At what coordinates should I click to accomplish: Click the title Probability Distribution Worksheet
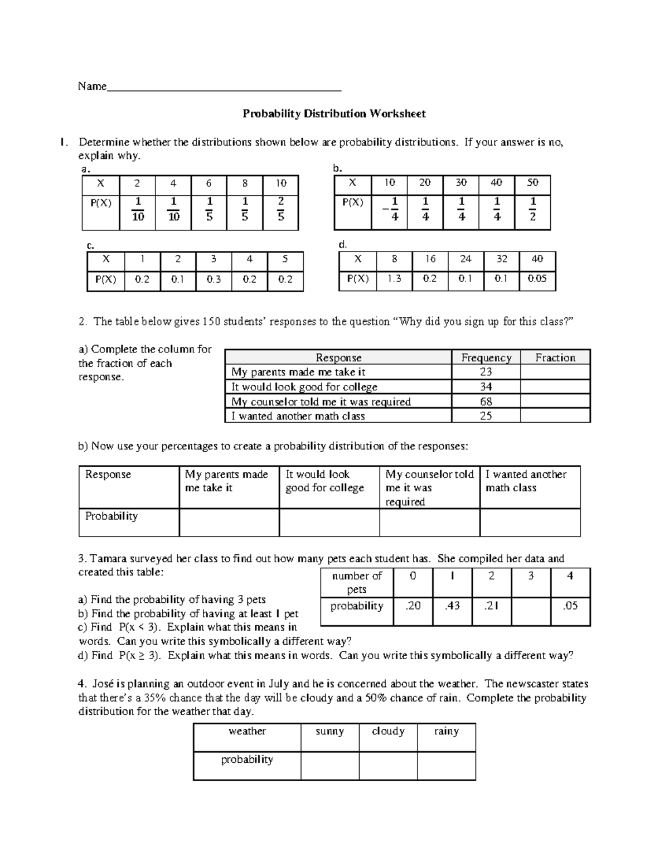coord(334,114)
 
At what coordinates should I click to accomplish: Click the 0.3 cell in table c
coord(214,280)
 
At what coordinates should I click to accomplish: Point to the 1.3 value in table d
coord(394,279)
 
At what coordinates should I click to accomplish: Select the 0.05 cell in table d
coord(537,279)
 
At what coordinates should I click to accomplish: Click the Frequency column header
coord(486,358)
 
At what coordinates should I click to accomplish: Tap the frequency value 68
coord(486,401)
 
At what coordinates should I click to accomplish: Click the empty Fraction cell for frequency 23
coord(555,372)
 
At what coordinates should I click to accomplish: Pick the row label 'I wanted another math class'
coord(298,416)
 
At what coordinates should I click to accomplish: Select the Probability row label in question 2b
coord(111,516)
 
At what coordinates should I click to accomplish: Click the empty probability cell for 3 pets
coord(531,607)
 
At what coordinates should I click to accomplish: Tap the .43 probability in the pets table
coord(452,606)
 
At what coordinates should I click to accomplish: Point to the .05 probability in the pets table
coord(570,606)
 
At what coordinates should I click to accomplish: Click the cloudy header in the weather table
coord(388,732)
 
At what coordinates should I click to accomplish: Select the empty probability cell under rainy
coord(446,765)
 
